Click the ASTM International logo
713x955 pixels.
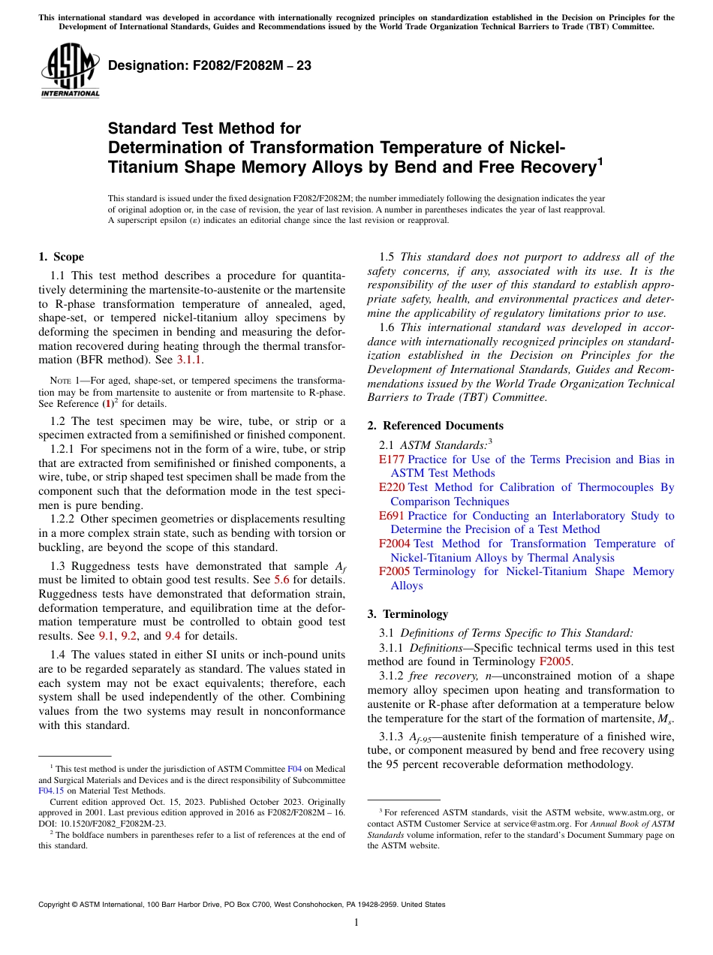click(x=70, y=72)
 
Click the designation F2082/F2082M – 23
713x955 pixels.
click(x=209, y=66)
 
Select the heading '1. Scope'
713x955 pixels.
click(x=61, y=257)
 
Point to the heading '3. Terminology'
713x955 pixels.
click(x=408, y=613)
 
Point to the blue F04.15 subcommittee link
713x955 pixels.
click(x=50, y=790)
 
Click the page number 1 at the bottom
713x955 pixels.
click(x=356, y=923)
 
